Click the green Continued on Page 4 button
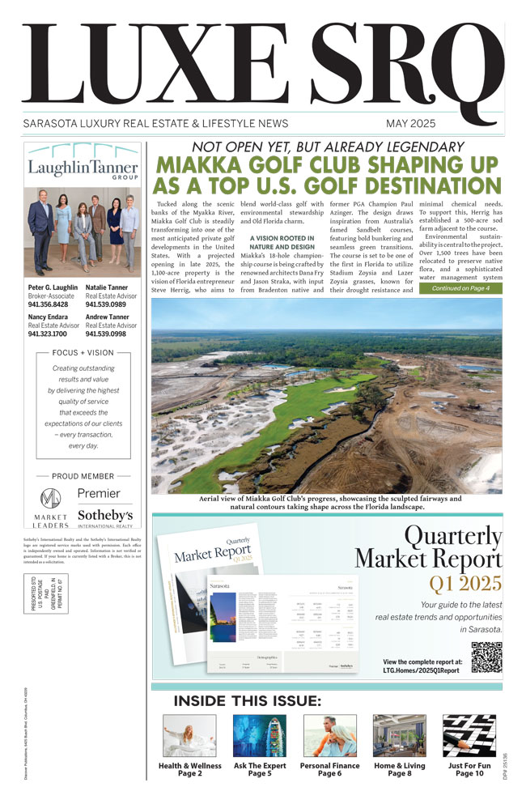pyautogui.click(x=460, y=288)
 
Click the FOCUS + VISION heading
pyautogui.click(x=83, y=353)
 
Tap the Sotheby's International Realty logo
pyautogui.click(x=105, y=517)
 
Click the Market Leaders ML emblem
pyautogui.click(x=50, y=498)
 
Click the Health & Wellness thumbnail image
pyautogui.click(x=189, y=735)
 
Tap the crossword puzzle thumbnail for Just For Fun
pyautogui.click(x=469, y=735)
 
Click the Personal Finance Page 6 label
pyautogui.click(x=329, y=769)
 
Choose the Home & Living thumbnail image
pyautogui.click(x=399, y=735)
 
